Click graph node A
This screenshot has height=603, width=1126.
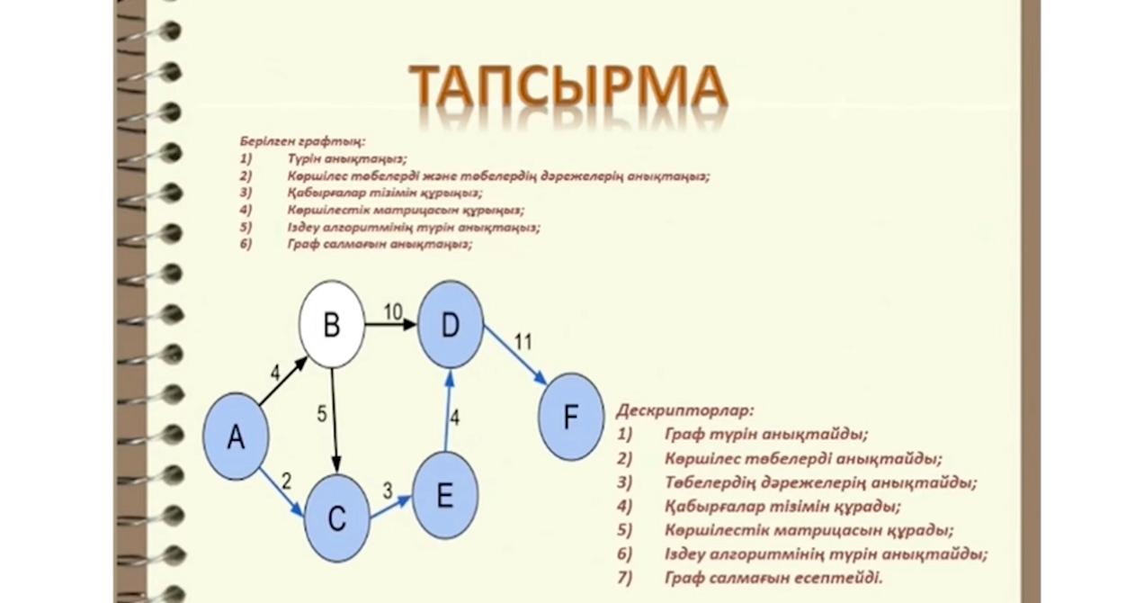236,438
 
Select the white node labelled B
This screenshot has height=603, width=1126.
332,325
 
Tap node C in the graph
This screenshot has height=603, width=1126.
337,519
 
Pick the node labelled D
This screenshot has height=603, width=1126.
451,325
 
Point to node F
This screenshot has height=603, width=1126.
571,417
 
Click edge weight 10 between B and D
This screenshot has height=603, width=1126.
393,311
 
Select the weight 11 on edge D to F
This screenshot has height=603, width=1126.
523,341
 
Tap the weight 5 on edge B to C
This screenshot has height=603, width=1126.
321,415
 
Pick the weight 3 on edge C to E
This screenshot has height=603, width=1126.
388,491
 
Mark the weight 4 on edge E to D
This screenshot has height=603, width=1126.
455,418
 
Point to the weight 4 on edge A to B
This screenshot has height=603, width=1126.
275,371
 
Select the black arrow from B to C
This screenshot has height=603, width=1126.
335,419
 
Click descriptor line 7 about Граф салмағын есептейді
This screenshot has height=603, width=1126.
773,578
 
